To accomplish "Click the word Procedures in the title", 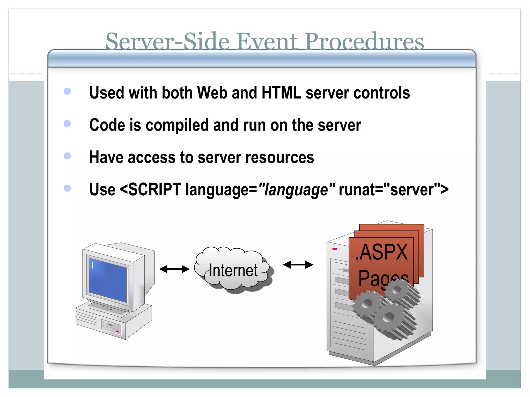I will (x=364, y=42).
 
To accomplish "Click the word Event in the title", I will (x=267, y=42).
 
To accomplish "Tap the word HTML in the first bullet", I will (x=281, y=93).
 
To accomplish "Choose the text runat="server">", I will (x=393, y=190).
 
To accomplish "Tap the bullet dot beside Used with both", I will (x=67, y=91).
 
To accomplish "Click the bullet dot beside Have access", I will (x=67, y=156).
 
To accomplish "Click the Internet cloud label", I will (x=233, y=270).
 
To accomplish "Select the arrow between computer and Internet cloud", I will (x=174, y=269).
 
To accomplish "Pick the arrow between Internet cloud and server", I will (x=298, y=265).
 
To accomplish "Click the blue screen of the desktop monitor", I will (x=108, y=280).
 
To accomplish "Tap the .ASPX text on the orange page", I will (x=382, y=252).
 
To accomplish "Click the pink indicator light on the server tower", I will (x=335, y=249).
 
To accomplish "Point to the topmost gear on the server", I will (x=396, y=290).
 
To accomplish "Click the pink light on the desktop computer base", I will (x=117, y=331).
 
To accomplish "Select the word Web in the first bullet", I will (x=212, y=93).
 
